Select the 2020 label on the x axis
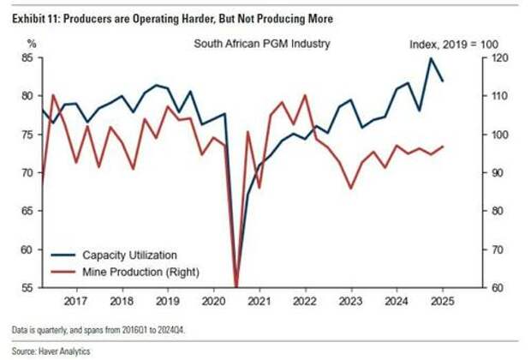pyautogui.click(x=213, y=302)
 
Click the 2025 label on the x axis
pyautogui.click(x=443, y=302)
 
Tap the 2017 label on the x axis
pyautogui.click(x=75, y=302)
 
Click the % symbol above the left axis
pyautogui.click(x=32, y=43)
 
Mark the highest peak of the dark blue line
pyautogui.click(x=431, y=57)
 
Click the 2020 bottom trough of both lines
pyautogui.click(x=236, y=286)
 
